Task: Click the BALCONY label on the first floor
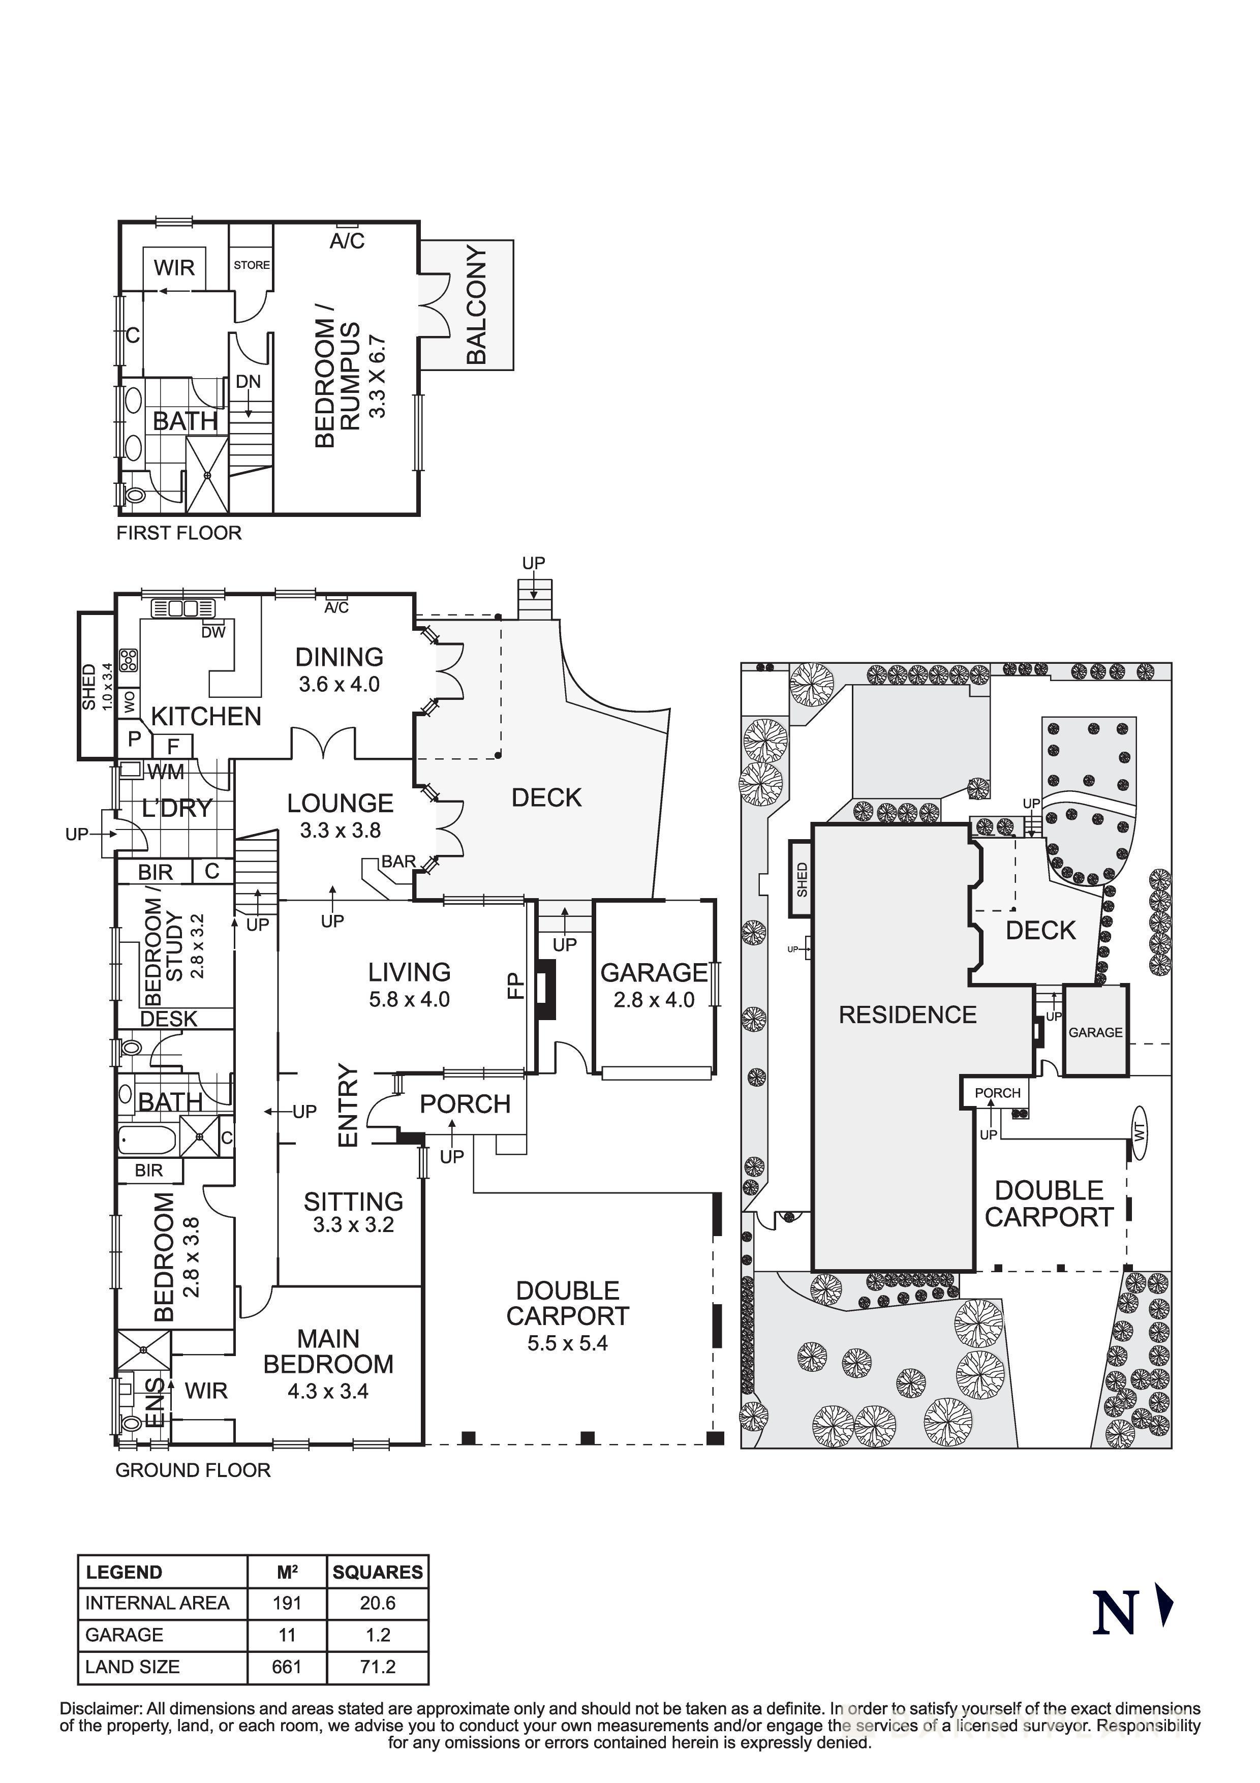pos(476,305)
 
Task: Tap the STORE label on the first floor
pos(252,265)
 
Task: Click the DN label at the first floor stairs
pos(249,382)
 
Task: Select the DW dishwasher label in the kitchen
pos(213,632)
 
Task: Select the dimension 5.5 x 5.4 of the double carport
pos(568,1343)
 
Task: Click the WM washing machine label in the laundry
pos(166,772)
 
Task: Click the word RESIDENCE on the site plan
pos(908,1014)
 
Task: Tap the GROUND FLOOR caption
pos(193,1469)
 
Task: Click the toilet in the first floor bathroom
pos(134,495)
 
